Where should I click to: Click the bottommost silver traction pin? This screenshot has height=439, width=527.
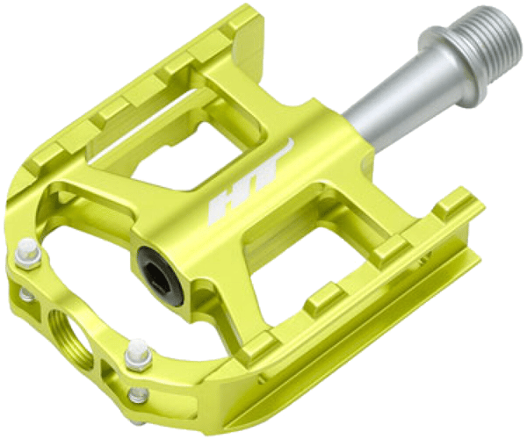point(138,395)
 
